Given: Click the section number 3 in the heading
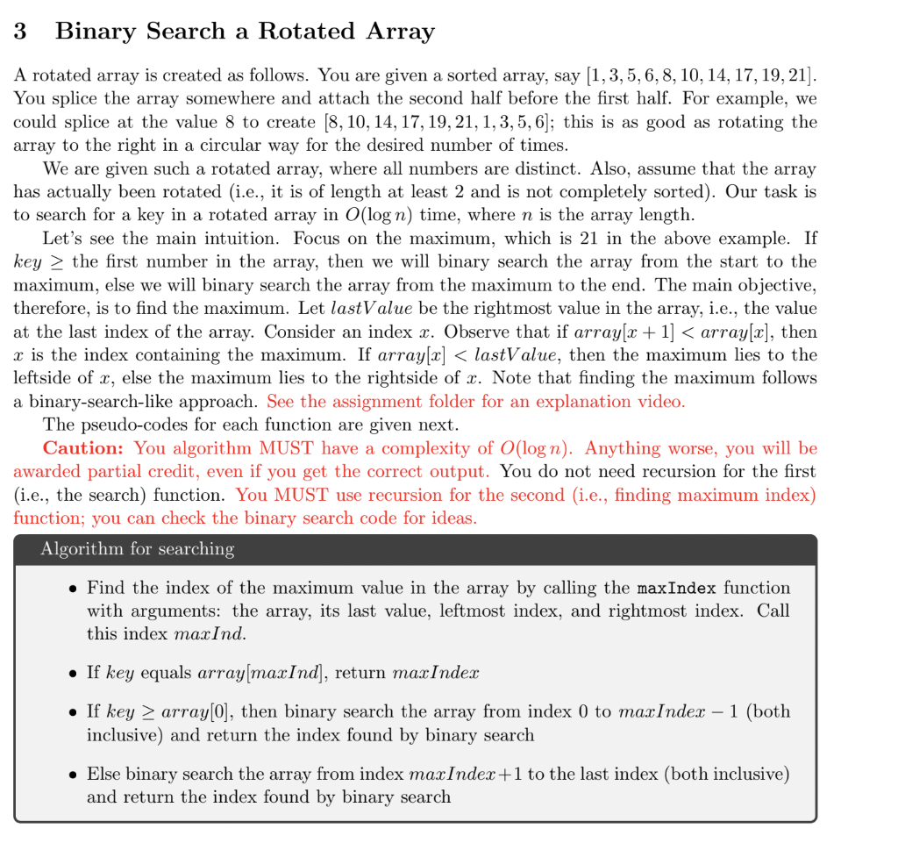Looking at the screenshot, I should tap(20, 32).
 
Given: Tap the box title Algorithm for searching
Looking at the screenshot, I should tap(137, 549).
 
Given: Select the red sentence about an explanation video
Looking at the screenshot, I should tap(475, 402).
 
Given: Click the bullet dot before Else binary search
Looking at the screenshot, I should tap(74, 775).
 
